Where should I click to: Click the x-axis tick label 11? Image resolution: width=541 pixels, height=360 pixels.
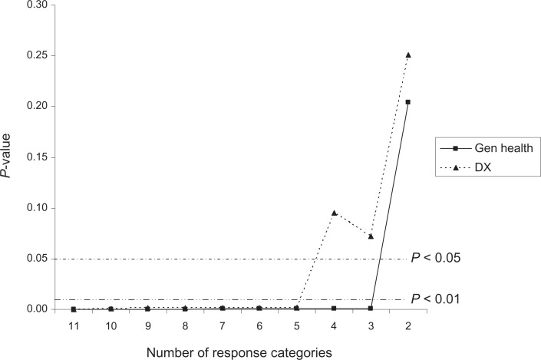[x=74, y=326]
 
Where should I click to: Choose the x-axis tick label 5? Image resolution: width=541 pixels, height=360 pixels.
[x=297, y=326]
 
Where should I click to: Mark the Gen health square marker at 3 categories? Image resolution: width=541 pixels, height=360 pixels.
[x=371, y=309]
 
